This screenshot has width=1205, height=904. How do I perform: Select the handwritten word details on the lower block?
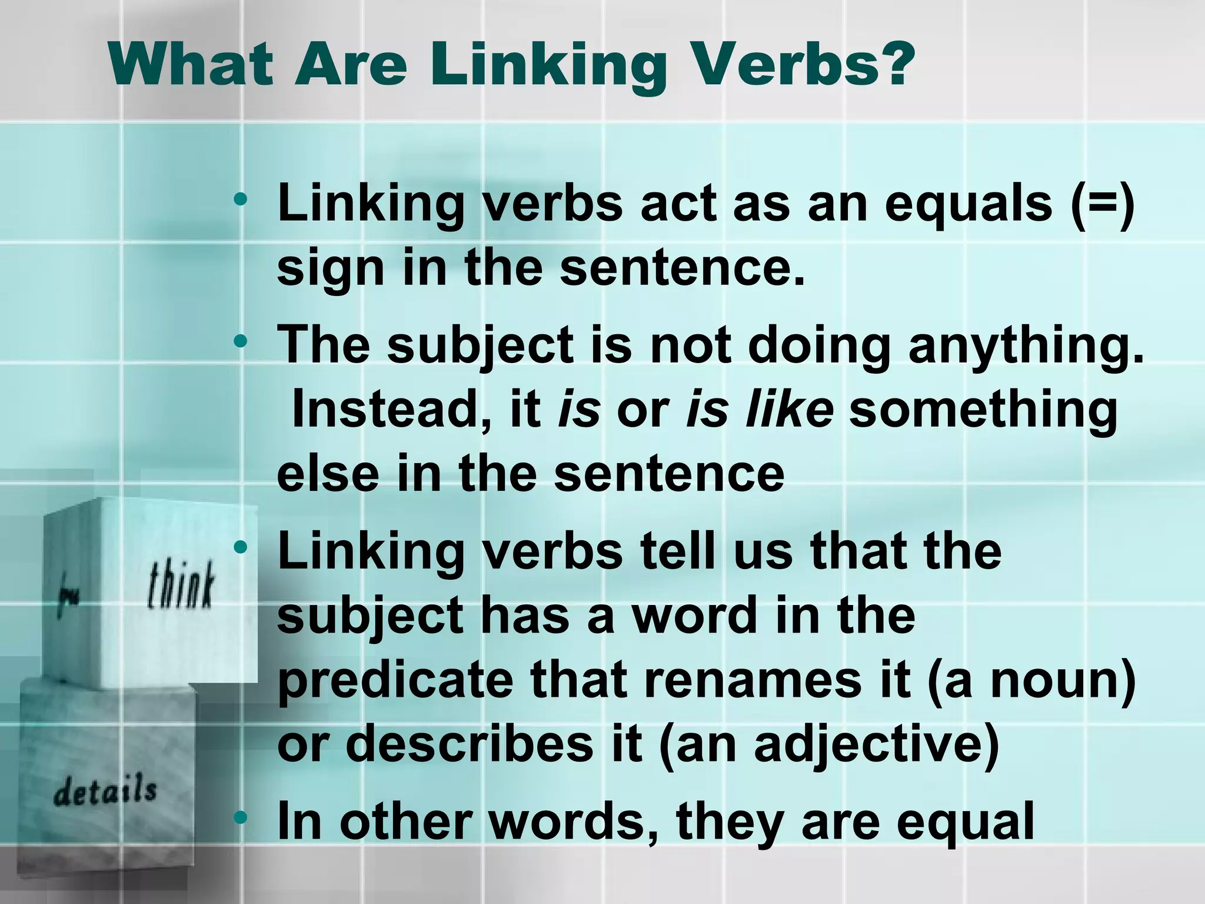[105, 790]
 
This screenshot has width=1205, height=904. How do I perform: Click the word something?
[983, 410]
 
